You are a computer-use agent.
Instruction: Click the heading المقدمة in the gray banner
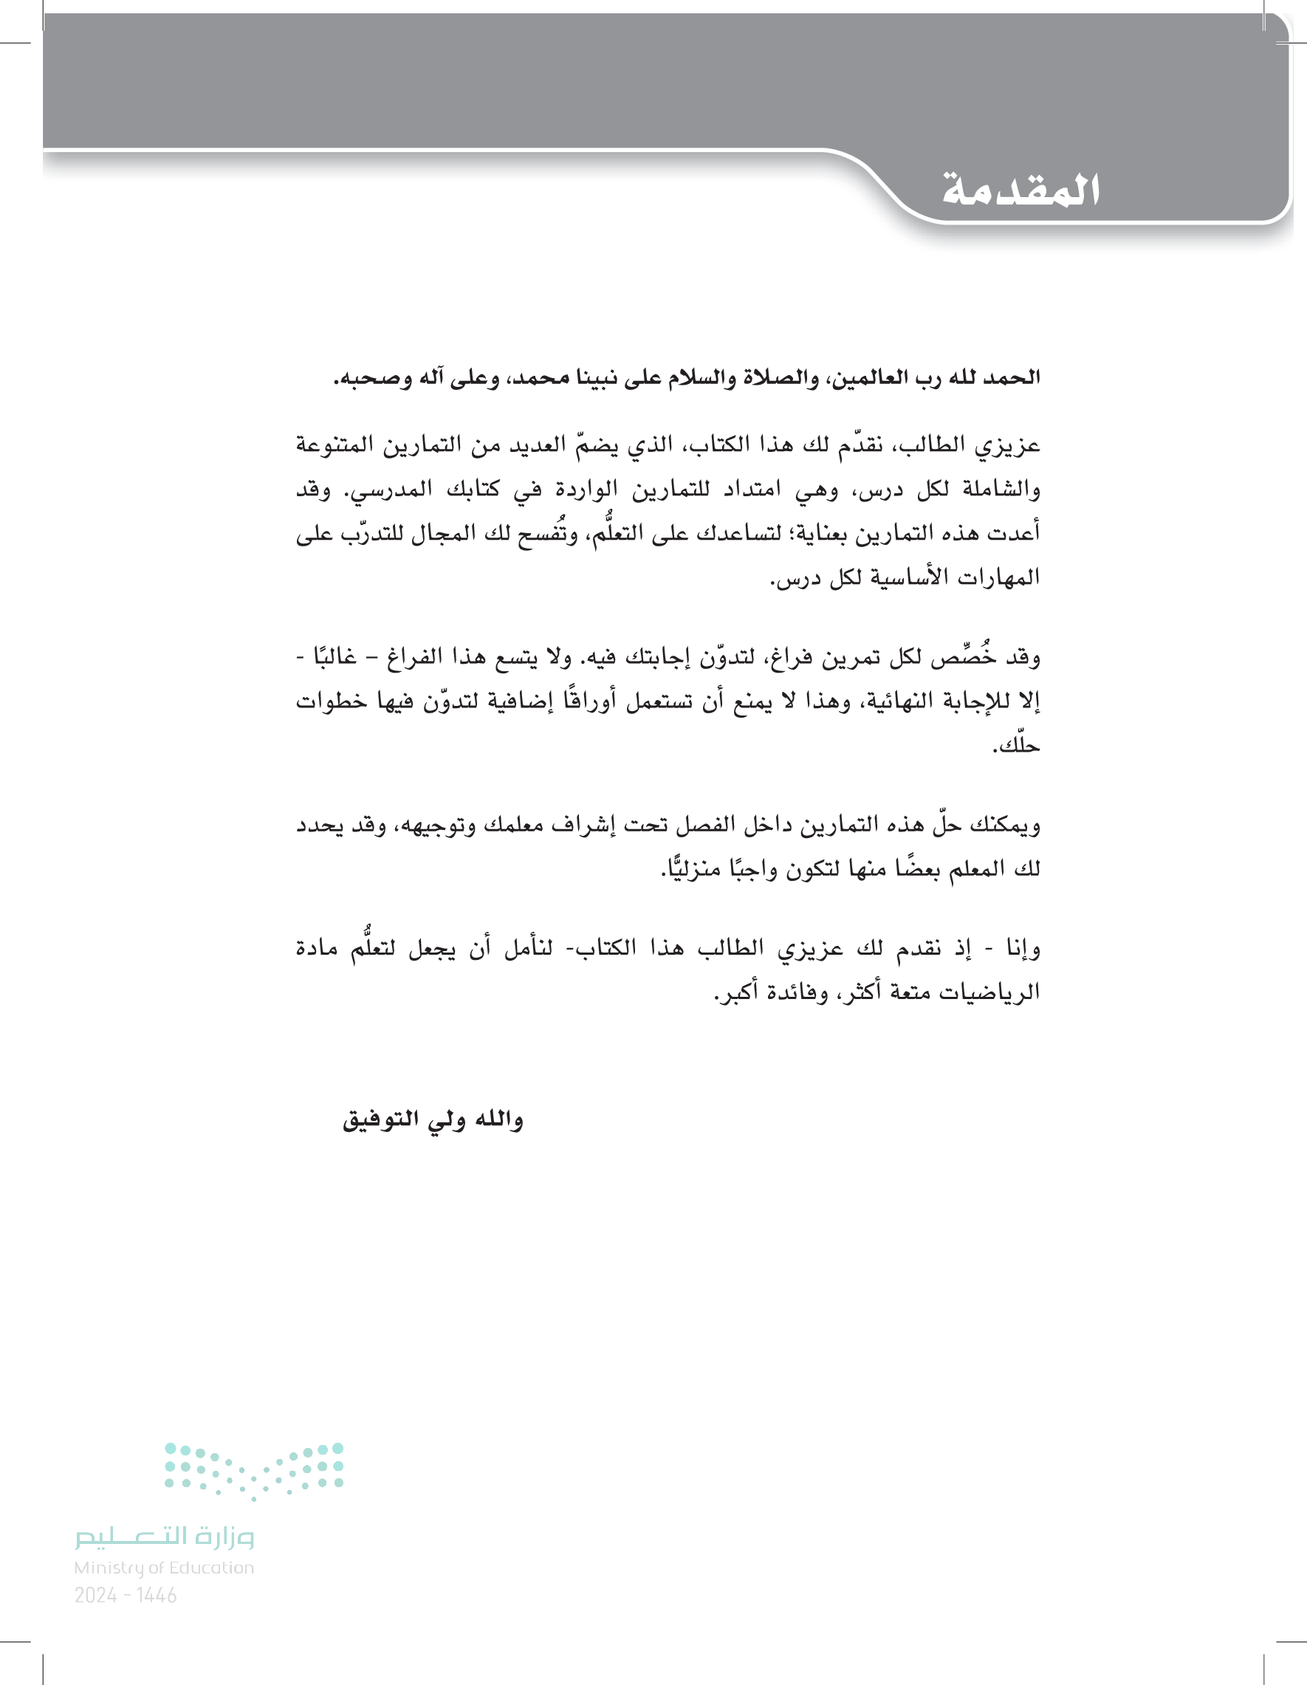click(x=1020, y=190)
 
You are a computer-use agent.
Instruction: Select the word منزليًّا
click(x=691, y=870)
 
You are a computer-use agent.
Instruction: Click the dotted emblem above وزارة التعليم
click(x=254, y=1471)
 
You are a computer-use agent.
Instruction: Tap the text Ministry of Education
click(x=164, y=1568)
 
